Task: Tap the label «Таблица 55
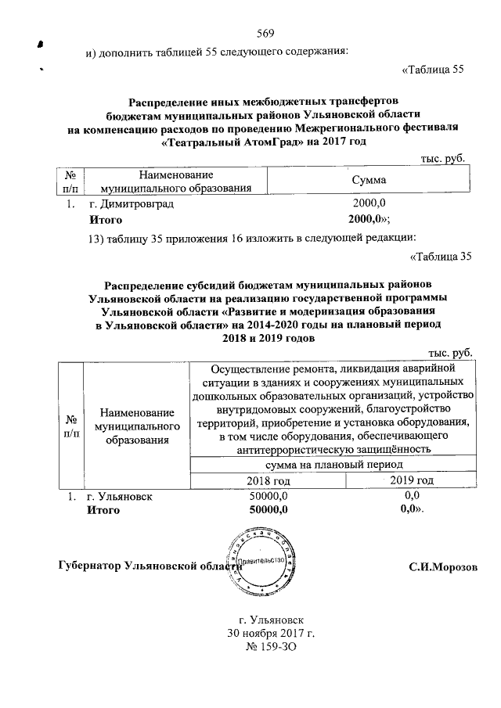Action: [433, 69]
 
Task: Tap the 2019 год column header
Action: [410, 480]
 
